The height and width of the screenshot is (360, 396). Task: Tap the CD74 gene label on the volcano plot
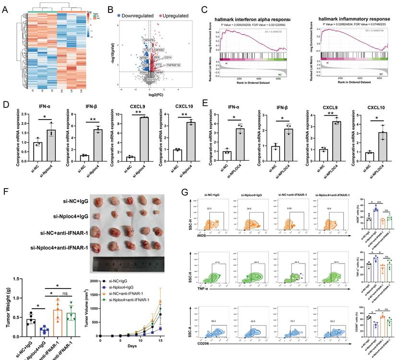(x=168, y=58)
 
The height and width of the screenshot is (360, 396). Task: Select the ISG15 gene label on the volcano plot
(x=151, y=80)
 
